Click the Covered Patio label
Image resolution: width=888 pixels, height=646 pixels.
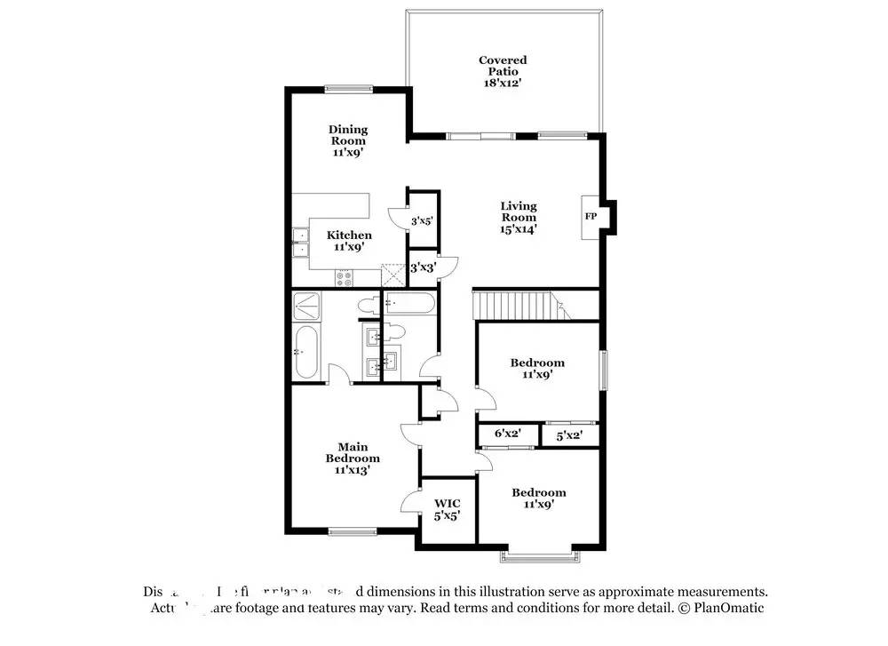point(503,71)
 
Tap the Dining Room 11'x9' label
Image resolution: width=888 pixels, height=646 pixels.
point(348,140)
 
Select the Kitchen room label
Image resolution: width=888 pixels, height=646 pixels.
point(349,241)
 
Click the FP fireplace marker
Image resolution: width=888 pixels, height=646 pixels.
point(591,216)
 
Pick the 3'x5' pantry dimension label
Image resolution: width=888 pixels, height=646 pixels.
point(422,220)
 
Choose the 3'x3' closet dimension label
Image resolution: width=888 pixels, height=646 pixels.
point(422,266)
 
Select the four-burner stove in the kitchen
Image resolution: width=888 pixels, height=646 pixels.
point(345,277)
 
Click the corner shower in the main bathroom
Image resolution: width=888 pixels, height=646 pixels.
point(306,307)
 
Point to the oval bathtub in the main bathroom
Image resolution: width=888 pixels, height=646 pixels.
point(306,352)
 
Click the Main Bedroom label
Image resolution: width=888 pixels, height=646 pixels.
point(352,459)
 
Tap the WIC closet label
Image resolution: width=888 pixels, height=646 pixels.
point(447,508)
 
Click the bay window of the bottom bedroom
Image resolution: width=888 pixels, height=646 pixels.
point(541,557)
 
